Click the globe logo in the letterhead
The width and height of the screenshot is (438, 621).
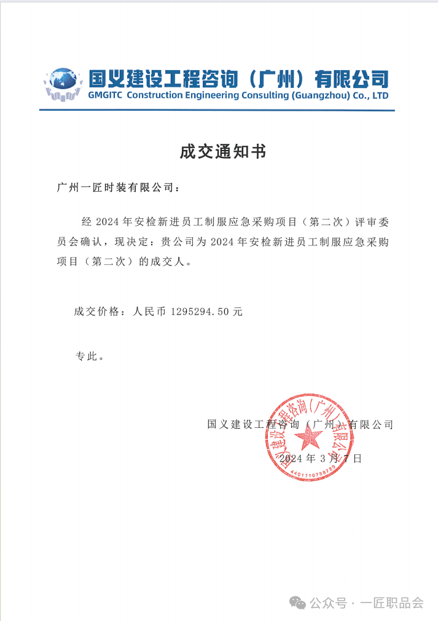tap(63, 84)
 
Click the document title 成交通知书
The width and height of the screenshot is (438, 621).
tap(223, 151)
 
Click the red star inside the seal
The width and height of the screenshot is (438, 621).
tap(308, 437)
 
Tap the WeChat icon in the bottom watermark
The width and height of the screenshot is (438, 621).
tap(300, 603)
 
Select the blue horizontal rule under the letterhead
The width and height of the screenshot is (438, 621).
tap(217, 110)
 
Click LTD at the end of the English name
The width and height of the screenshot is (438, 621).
tap(380, 96)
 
